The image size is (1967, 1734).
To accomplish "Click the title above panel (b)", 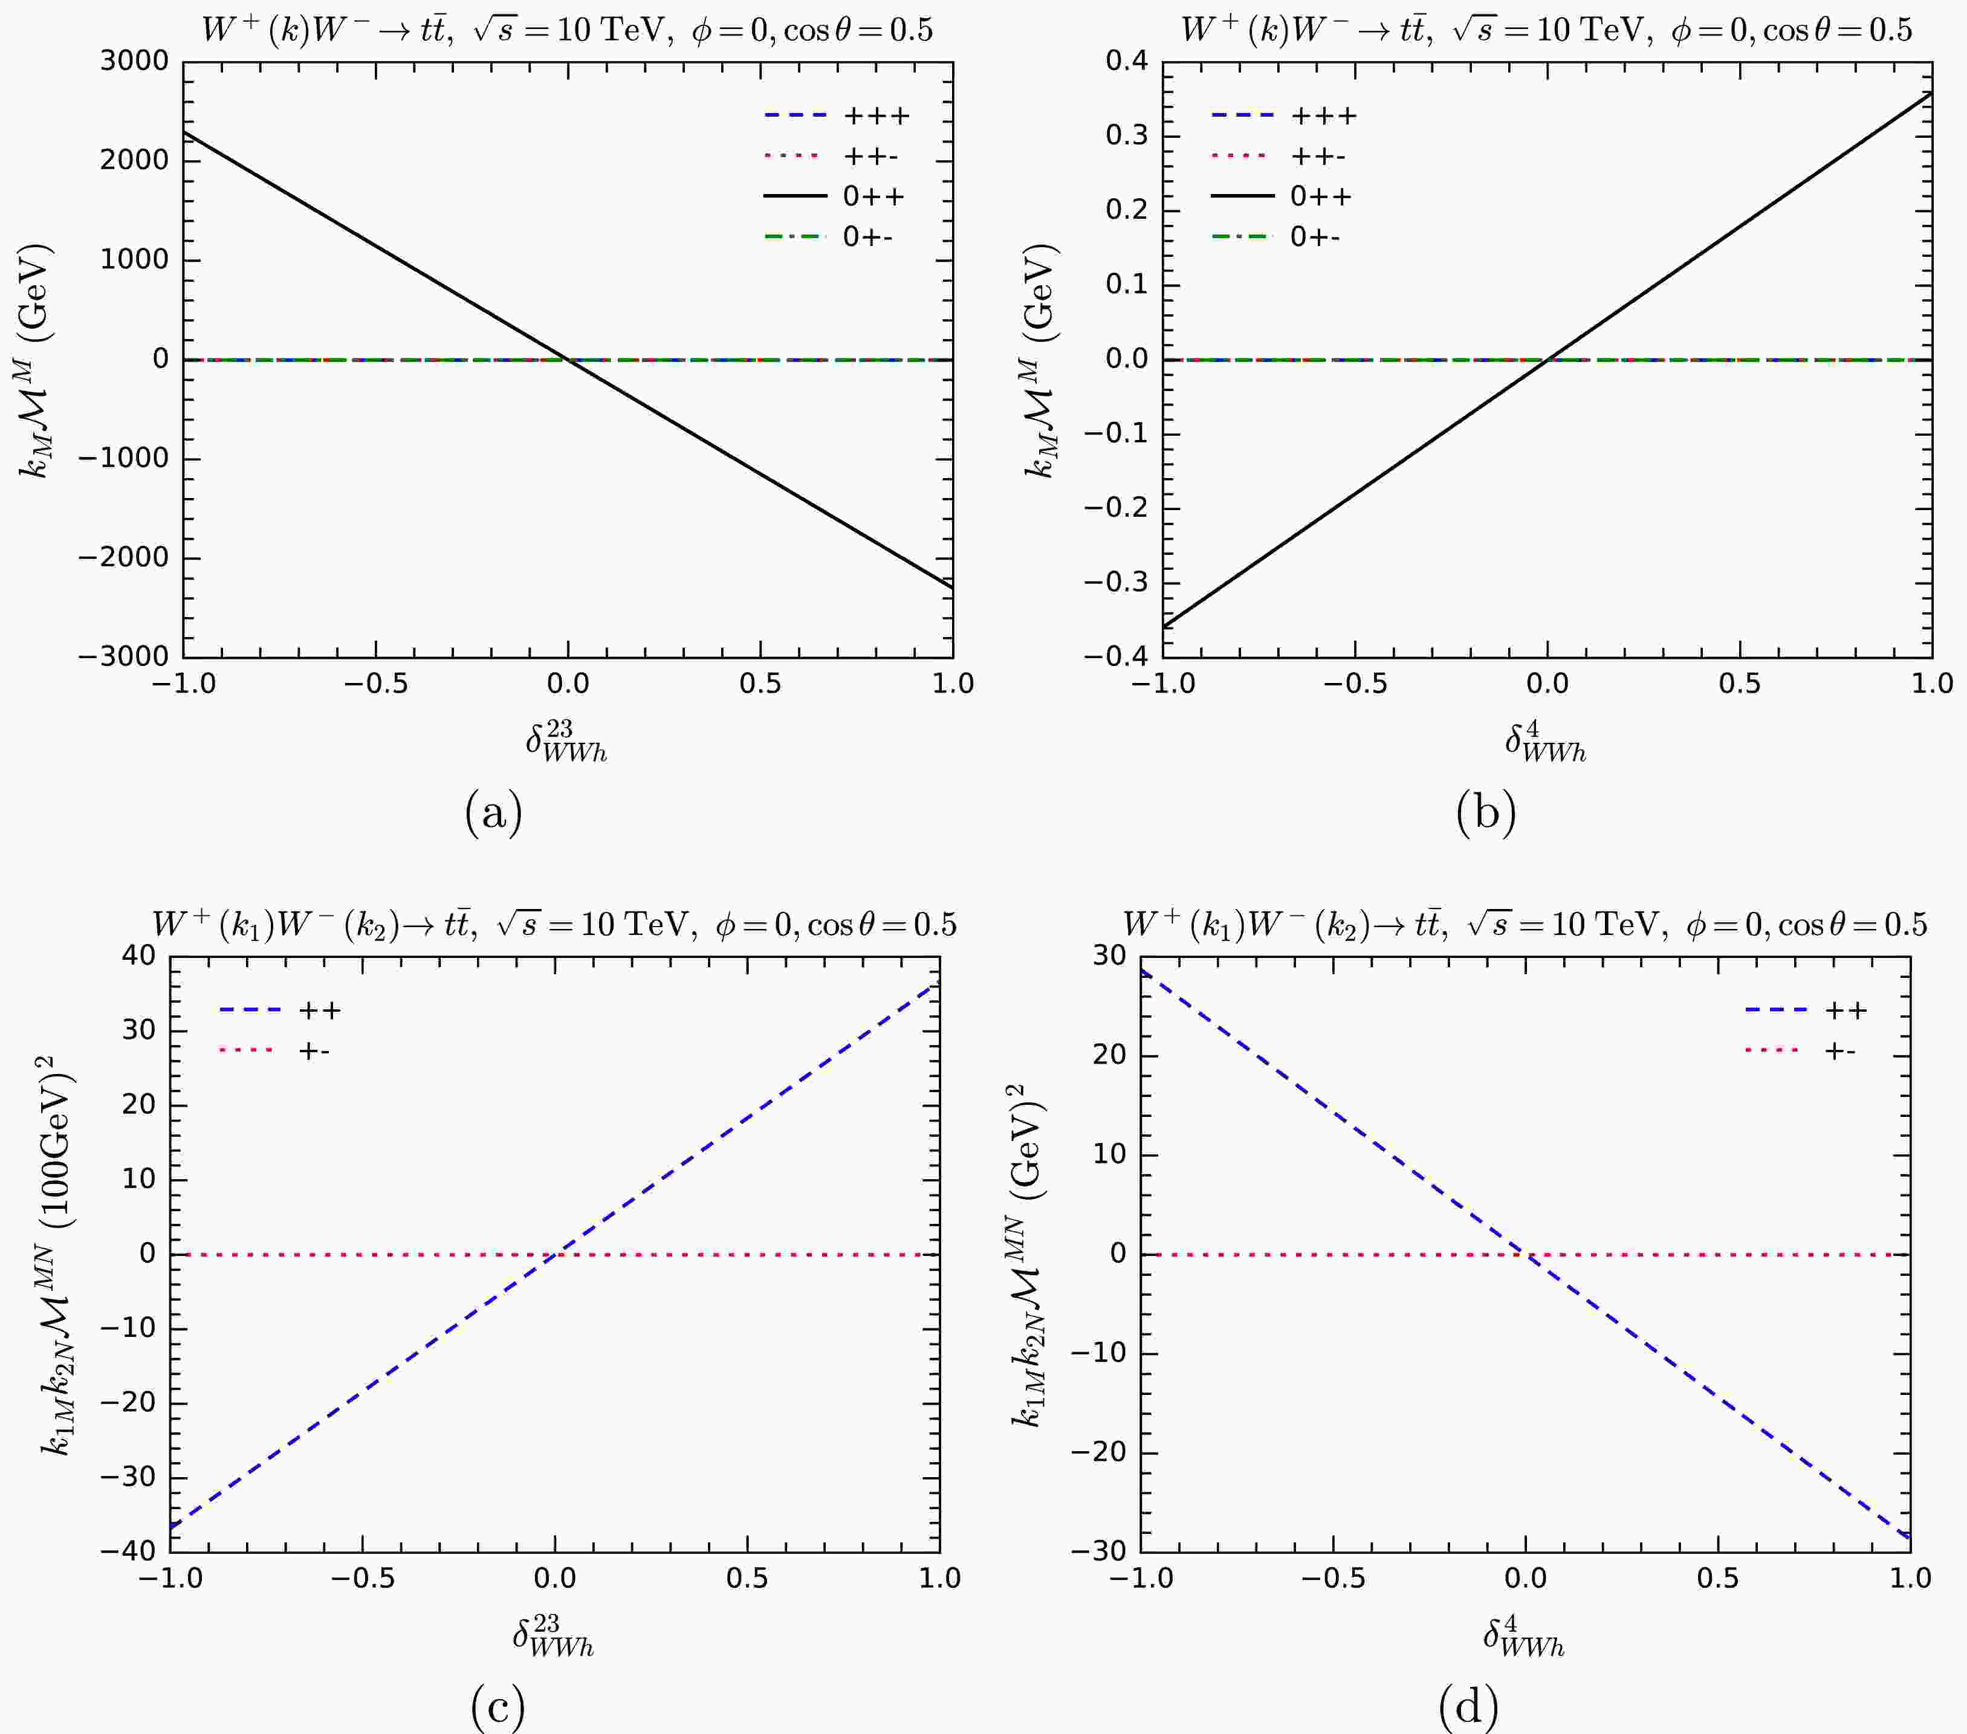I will (1546, 30).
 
